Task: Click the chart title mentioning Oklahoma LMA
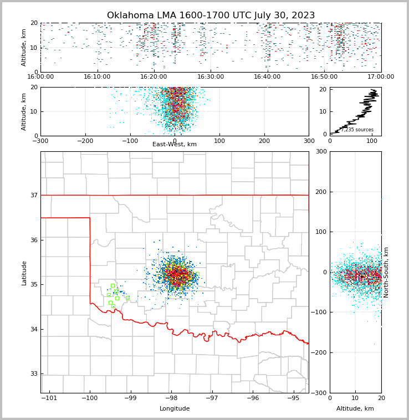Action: point(211,16)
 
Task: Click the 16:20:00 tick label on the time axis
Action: point(154,77)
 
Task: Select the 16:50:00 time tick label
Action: point(324,77)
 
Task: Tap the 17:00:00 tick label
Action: point(381,77)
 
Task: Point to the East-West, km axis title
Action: point(175,145)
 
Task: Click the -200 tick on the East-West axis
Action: point(85,141)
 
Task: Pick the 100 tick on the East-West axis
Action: point(219,141)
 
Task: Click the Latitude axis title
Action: point(24,273)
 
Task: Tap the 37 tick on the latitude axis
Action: point(34,195)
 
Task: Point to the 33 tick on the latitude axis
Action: point(34,373)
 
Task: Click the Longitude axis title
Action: point(175,409)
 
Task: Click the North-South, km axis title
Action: point(386,272)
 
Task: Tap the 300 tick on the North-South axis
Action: point(321,151)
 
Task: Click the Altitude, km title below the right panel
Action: point(355,409)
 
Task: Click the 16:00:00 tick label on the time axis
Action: point(40,77)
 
